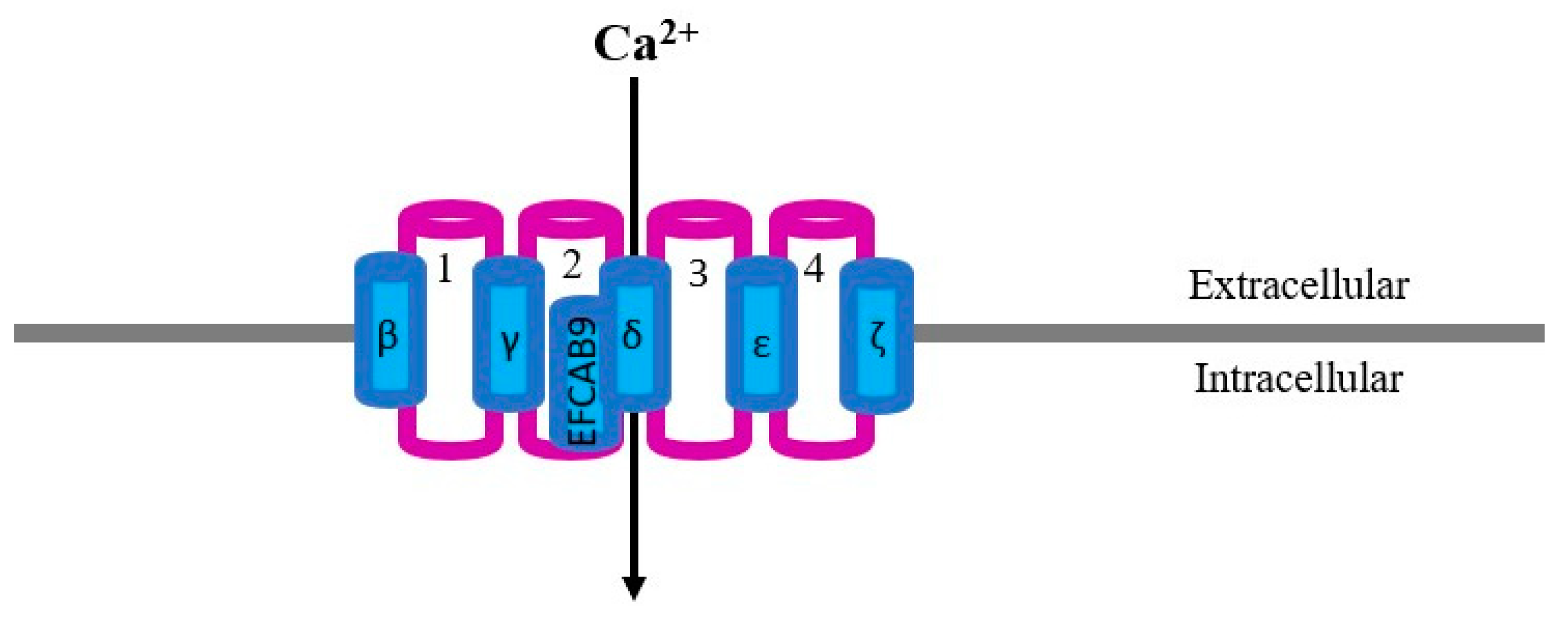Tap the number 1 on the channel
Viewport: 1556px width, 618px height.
click(x=444, y=271)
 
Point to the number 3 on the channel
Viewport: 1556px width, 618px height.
click(x=698, y=274)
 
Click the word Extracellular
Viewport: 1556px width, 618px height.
click(x=1299, y=285)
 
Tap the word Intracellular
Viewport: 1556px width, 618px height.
click(x=1299, y=380)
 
